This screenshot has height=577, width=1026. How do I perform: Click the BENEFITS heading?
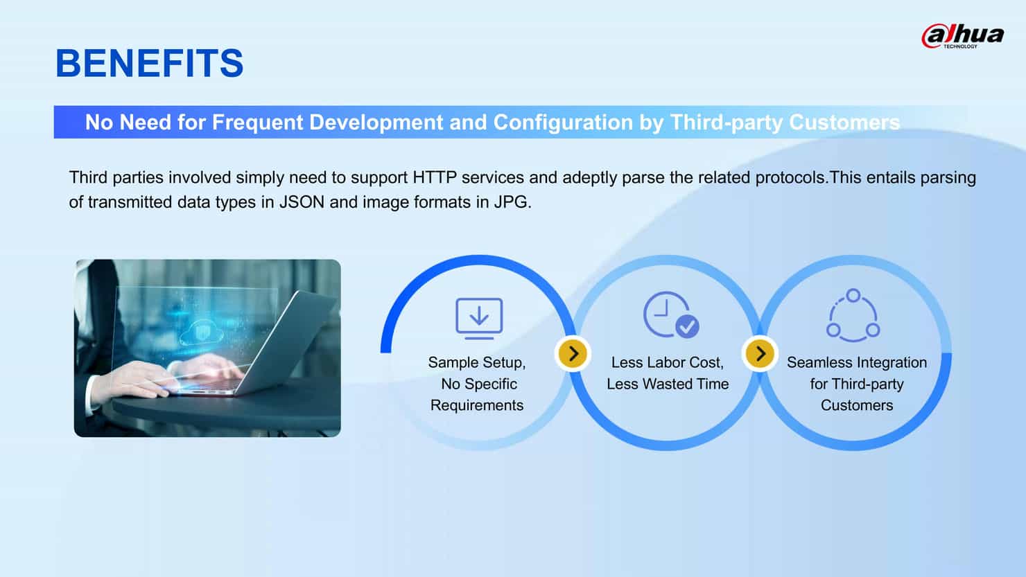149,64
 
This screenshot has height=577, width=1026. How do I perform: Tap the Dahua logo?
962,36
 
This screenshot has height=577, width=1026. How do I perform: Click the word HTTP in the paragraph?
434,178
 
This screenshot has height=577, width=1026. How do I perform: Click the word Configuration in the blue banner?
563,123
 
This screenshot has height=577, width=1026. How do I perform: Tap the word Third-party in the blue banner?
726,123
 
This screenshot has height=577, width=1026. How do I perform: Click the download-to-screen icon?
479,318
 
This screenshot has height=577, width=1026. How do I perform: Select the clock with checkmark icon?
670,314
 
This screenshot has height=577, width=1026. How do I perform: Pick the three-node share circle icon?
853,316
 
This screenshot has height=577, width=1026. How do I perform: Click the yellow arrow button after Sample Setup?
573,354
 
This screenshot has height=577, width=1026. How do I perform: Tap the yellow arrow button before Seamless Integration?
760,354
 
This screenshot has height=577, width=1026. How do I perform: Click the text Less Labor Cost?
667,363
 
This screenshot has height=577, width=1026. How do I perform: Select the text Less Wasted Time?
668,384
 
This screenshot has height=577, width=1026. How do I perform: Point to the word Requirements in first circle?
477,406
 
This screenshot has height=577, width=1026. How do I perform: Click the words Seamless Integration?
856,363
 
